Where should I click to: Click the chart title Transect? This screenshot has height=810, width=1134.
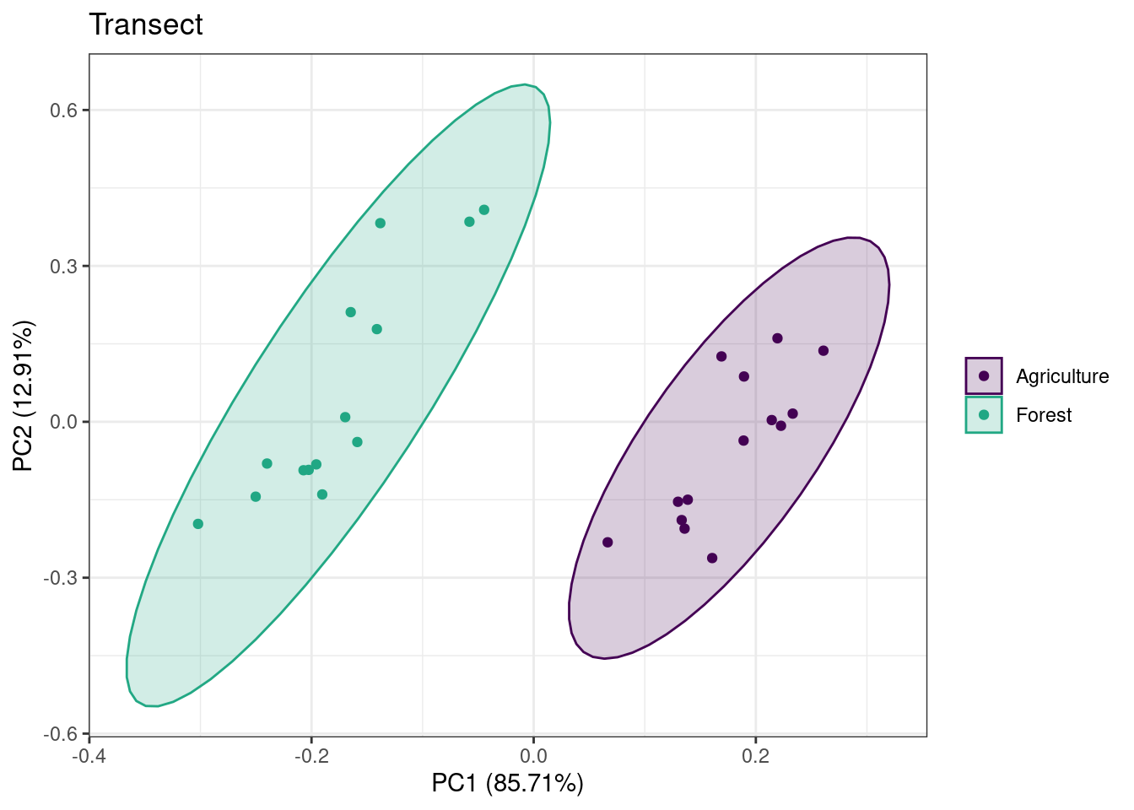click(146, 25)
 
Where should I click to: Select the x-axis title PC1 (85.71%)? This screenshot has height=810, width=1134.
click(507, 783)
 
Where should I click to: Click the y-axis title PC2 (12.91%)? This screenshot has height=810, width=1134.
click(23, 396)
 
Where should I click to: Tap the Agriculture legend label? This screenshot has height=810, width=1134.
click(1061, 376)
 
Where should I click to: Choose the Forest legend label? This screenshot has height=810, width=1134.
click(1043, 415)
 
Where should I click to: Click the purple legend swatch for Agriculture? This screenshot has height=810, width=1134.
click(983, 375)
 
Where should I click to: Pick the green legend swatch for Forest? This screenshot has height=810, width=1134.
click(983, 415)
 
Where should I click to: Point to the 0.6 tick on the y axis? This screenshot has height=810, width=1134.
click(63, 111)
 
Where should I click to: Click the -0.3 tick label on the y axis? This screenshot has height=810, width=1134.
click(60, 578)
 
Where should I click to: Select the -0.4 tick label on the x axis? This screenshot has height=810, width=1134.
click(89, 754)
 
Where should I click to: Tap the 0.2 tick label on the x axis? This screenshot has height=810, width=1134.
click(755, 754)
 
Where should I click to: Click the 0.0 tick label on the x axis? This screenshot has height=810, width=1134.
click(533, 754)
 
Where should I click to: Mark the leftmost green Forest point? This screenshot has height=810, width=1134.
click(198, 524)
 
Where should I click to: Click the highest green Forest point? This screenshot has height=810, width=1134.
click(483, 210)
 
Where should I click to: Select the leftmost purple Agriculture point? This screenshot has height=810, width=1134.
click(607, 543)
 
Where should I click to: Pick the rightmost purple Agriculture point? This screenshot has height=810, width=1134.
click(823, 351)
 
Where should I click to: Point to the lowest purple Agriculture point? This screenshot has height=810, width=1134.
click(712, 559)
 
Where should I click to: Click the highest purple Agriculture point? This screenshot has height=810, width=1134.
click(777, 338)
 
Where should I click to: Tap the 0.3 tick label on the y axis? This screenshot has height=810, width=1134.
click(63, 267)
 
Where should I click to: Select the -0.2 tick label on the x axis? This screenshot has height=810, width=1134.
click(310, 754)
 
